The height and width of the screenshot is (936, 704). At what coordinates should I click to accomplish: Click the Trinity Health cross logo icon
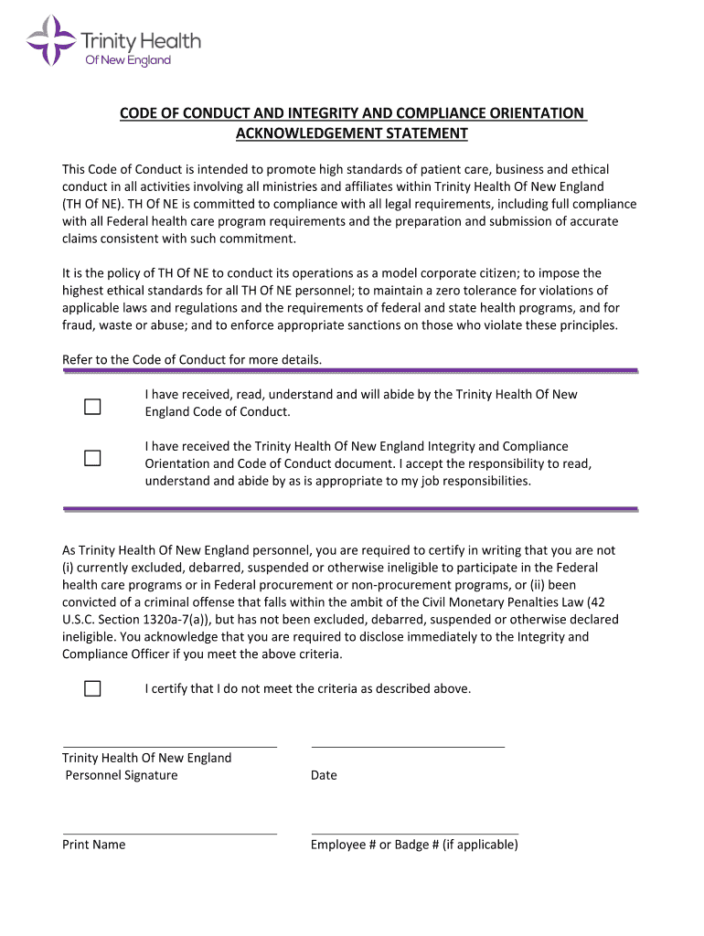[51, 40]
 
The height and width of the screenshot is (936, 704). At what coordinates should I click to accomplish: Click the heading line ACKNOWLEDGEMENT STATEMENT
[352, 133]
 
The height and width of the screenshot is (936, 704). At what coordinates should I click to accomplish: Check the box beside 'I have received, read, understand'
[92, 407]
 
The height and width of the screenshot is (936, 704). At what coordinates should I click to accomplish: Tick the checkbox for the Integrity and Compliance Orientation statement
[92, 458]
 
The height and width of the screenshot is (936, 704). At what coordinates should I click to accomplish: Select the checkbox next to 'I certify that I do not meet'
[92, 688]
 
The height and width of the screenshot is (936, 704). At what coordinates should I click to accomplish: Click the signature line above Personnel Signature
[169, 746]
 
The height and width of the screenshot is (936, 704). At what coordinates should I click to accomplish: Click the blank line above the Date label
[408, 746]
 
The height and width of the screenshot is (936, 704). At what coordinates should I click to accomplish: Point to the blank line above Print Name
[169, 833]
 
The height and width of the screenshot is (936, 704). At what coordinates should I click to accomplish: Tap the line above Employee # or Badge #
[414, 833]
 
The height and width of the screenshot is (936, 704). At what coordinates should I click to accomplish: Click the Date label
[324, 775]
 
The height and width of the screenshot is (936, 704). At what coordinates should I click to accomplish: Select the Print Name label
[94, 845]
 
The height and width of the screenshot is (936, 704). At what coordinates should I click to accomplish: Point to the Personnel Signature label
[122, 775]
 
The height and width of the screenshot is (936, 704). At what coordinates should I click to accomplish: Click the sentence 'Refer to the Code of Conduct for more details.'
[192, 359]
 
